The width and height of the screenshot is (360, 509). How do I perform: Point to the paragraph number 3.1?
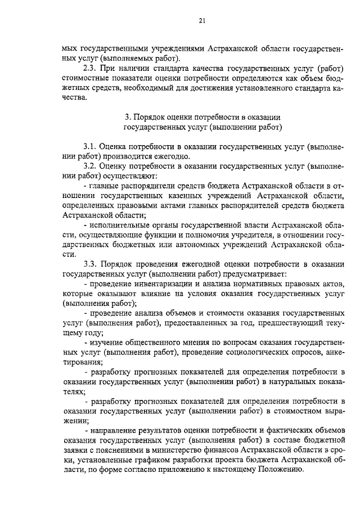coord(90,146)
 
